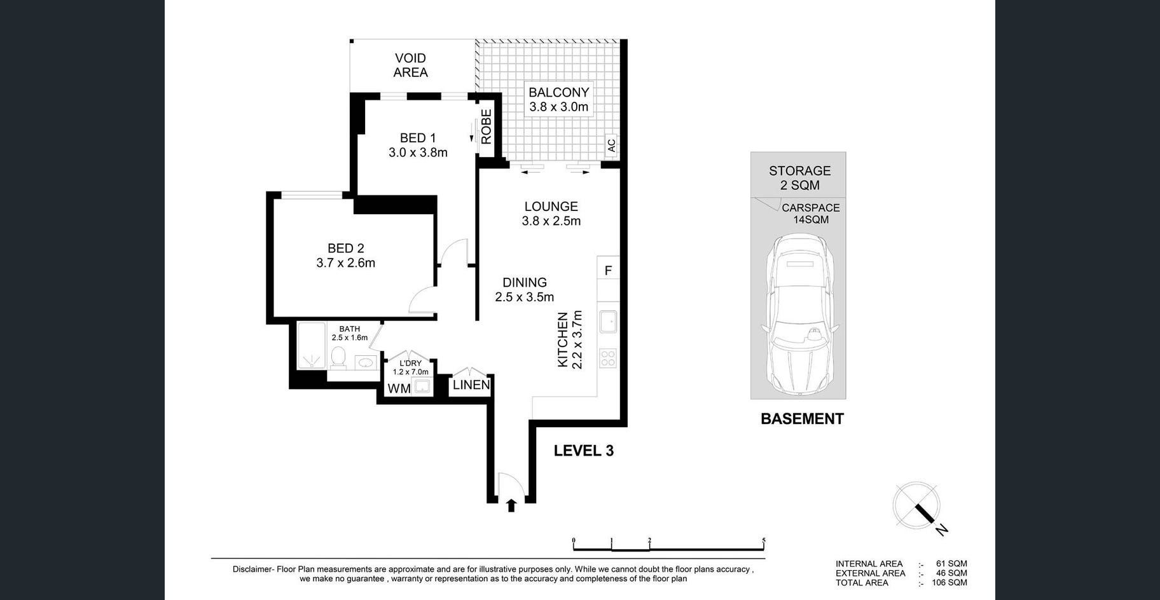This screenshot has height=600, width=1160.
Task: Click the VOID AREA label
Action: click(x=410, y=65)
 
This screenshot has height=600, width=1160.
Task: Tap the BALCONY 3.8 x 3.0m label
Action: click(x=559, y=99)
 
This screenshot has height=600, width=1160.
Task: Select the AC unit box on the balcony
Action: click(x=611, y=146)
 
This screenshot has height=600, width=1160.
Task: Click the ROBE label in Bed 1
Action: click(x=487, y=126)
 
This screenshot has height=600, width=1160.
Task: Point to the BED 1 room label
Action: click(x=418, y=145)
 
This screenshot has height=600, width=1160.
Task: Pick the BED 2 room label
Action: click(x=345, y=256)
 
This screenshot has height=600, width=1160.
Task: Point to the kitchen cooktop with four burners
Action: click(x=608, y=358)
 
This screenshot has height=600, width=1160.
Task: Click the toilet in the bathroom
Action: click(x=338, y=358)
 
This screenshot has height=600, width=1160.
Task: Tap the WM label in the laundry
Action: click(x=399, y=388)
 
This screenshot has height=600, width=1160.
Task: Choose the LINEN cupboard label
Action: click(x=471, y=385)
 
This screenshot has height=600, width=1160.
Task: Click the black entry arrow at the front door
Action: click(x=511, y=505)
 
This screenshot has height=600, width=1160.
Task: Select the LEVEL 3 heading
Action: click(x=584, y=451)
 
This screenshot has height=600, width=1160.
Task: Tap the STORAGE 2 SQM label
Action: click(x=799, y=178)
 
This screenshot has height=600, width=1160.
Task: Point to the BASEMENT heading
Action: click(x=802, y=419)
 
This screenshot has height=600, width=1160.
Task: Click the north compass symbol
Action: click(x=918, y=507)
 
